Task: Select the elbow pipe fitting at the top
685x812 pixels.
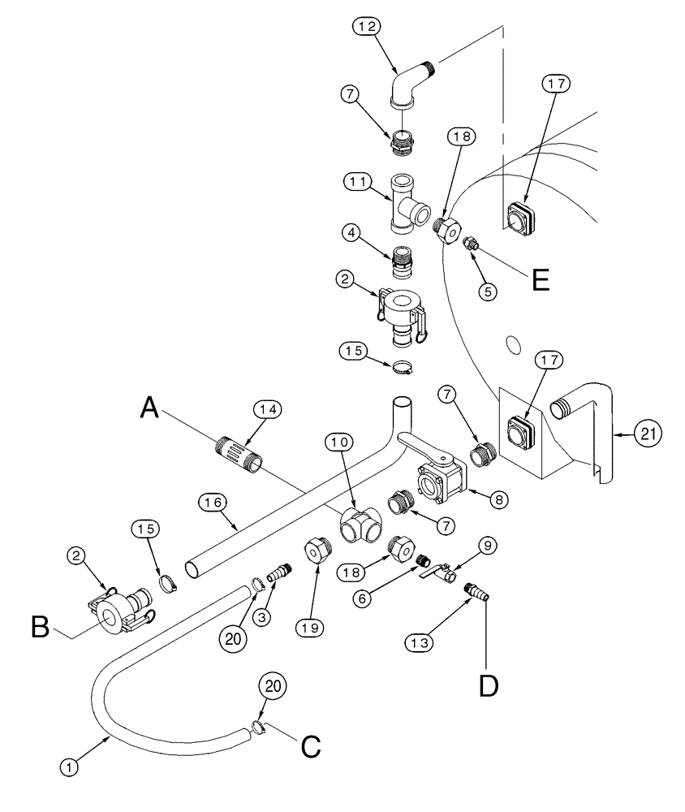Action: pyautogui.click(x=410, y=82)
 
